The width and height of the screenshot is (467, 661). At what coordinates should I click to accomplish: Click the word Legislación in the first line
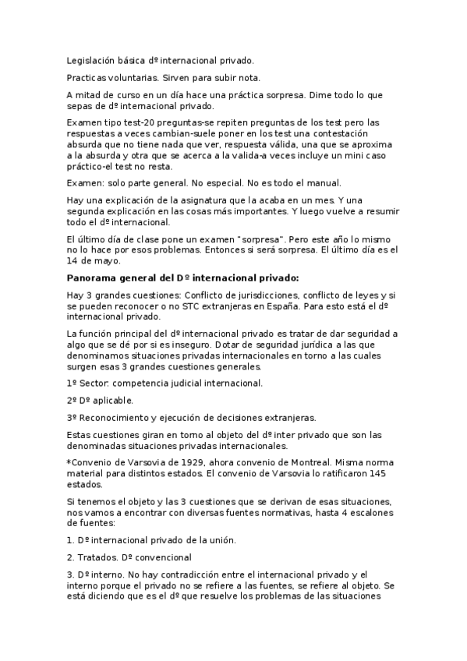coord(92,59)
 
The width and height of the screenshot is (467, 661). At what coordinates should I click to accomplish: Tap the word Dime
coord(323,95)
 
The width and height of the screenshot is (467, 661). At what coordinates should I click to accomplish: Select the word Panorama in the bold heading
coord(91,277)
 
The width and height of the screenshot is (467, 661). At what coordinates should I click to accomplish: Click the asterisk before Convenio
coord(69,461)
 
